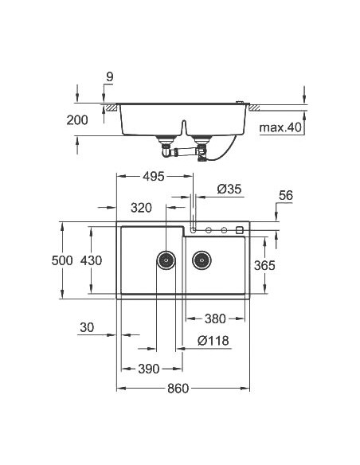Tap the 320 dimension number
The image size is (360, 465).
click(141, 208)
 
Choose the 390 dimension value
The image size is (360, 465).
click(147, 368)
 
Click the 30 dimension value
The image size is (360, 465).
click(87, 327)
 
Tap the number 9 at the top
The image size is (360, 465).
click(109, 77)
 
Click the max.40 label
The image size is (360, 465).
click(279, 127)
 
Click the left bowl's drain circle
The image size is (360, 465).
click(166, 260)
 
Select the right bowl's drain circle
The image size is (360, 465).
click(202, 260)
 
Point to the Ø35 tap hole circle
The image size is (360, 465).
click(194, 229)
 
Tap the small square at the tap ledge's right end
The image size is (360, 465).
click(239, 229)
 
